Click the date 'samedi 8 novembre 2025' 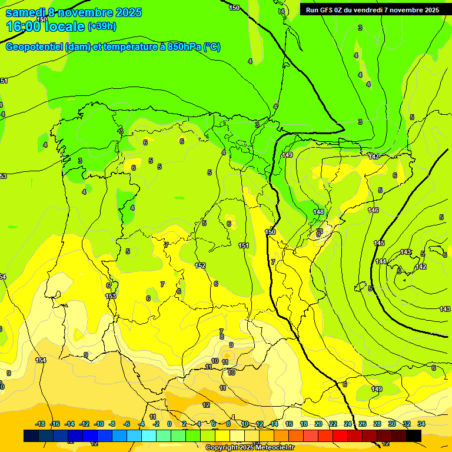(74, 12)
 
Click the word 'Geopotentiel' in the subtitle (34, 47)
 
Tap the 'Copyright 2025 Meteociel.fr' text (250, 448)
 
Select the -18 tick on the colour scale (40, 424)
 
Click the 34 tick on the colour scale (421, 424)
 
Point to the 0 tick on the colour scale (169, 424)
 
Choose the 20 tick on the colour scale (318, 424)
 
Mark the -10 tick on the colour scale (99, 424)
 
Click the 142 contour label (420, 267)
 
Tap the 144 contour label (381, 261)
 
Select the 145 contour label (379, 243)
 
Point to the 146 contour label (373, 210)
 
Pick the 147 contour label (374, 157)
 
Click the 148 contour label (318, 212)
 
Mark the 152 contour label (200, 265)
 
